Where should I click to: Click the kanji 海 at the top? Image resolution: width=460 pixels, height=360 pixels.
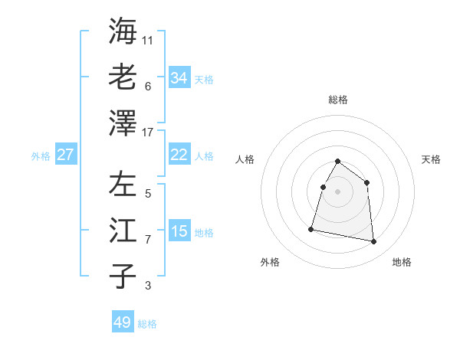click(x=123, y=31)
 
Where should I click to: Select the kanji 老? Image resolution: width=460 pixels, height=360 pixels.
click(x=123, y=77)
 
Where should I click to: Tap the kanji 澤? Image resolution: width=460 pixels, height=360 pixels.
click(x=123, y=123)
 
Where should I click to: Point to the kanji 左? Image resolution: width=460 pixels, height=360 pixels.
click(x=123, y=185)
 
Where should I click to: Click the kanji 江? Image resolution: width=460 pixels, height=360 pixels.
click(x=123, y=231)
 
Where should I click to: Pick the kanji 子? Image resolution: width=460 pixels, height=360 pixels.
click(x=123, y=277)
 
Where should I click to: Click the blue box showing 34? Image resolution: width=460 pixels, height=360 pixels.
click(x=179, y=78)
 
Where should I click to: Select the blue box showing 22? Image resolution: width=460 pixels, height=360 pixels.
click(x=179, y=155)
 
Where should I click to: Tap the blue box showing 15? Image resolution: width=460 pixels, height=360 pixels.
click(x=179, y=231)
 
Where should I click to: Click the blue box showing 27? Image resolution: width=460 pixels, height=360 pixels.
click(x=66, y=155)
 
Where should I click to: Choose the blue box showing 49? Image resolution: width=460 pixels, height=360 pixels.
click(x=123, y=322)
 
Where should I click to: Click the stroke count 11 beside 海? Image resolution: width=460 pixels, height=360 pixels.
click(x=149, y=40)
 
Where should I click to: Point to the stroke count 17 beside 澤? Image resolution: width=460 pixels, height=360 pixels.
click(x=149, y=133)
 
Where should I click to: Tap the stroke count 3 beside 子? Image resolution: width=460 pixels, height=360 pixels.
click(x=147, y=286)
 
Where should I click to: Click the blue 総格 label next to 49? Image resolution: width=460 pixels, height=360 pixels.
click(x=147, y=324)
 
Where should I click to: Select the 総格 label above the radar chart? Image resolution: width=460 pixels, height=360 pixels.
click(x=337, y=100)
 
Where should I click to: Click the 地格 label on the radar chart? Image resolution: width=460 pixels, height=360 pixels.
click(x=402, y=263)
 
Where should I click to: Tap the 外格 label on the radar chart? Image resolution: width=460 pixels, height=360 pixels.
click(x=270, y=263)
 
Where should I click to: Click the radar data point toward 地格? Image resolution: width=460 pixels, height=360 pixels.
click(x=374, y=242)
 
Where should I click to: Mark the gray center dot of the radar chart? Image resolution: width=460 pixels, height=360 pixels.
click(x=337, y=191)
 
